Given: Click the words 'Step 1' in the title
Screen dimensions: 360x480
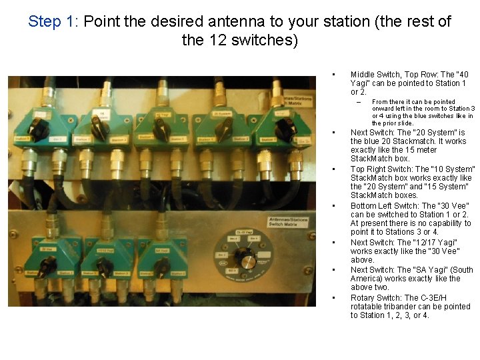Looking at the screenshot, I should (x=53, y=21).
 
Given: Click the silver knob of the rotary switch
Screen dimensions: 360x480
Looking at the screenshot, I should (x=247, y=261).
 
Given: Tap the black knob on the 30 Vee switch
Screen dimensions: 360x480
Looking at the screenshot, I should (x=46, y=267).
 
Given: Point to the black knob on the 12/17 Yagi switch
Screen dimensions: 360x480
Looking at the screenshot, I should (x=104, y=267).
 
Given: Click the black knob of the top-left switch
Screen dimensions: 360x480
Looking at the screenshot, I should (x=39, y=128).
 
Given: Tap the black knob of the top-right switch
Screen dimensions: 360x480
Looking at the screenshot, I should (x=285, y=129).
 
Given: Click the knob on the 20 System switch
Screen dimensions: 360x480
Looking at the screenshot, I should (x=223, y=129).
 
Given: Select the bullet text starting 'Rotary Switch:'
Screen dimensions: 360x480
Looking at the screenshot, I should (x=411, y=307).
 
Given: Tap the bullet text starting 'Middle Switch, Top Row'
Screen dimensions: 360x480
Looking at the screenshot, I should (x=409, y=83).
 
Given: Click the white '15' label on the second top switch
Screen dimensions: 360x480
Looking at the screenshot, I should (x=101, y=114).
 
